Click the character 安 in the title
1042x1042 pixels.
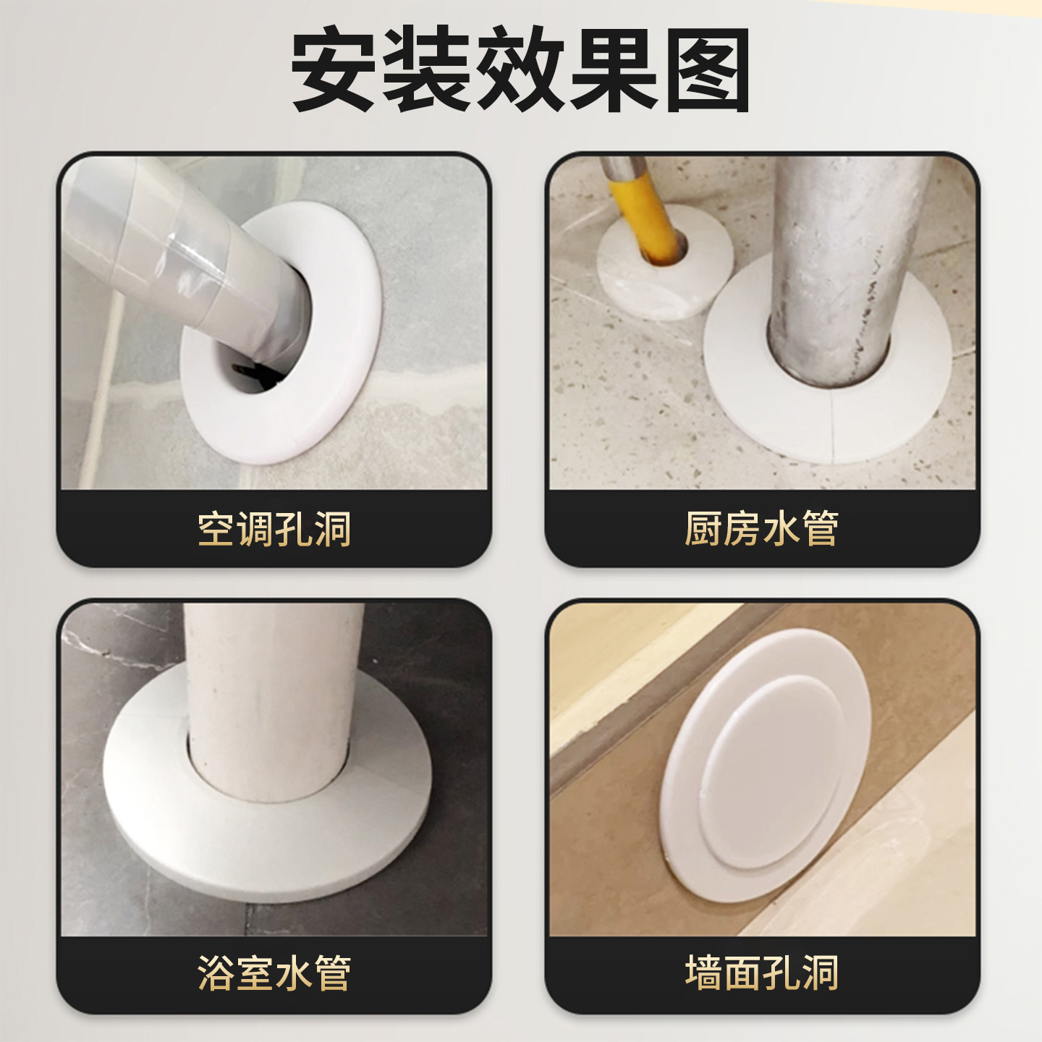(334, 70)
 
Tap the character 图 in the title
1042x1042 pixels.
(708, 70)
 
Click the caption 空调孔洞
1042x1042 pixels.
(274, 529)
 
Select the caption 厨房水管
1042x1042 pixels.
(761, 529)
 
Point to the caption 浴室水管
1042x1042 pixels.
(274, 973)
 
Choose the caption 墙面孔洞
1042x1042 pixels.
(761, 973)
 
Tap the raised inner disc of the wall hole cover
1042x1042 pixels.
(774, 774)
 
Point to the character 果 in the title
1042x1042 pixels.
(614, 70)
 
